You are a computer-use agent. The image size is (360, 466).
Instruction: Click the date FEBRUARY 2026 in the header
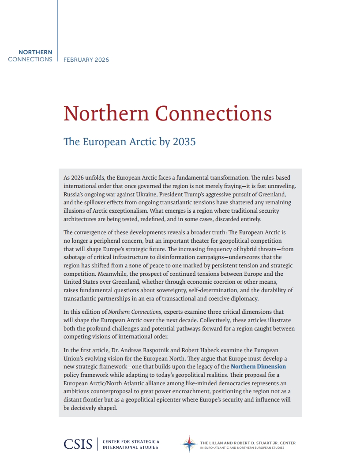point(86,60)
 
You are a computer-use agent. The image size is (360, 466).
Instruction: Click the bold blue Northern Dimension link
point(258,366)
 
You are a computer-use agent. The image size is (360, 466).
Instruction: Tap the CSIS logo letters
point(78,444)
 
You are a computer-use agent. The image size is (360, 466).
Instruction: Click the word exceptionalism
point(122,211)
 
